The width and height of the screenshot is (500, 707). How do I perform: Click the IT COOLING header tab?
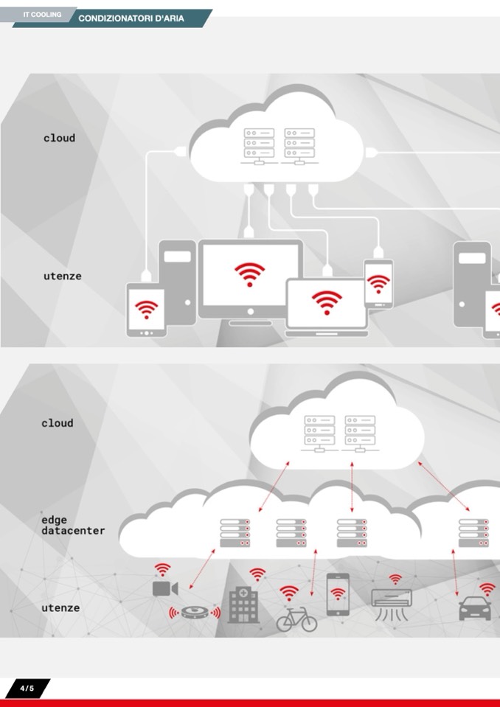click(x=41, y=15)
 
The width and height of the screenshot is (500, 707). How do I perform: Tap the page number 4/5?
click(x=27, y=689)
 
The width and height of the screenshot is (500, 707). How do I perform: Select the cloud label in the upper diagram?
click(x=59, y=138)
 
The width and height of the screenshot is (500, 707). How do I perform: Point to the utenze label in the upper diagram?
click(x=62, y=276)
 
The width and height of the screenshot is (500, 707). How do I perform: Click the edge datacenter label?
click(x=72, y=526)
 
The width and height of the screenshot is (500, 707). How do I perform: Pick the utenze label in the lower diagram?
click(x=60, y=608)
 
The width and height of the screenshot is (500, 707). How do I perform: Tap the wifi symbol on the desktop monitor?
click(x=250, y=274)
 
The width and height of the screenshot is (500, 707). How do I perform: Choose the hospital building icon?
click(x=243, y=605)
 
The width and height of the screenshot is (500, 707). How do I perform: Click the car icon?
click(x=474, y=610)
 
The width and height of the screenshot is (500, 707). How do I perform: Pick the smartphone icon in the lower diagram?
click(x=338, y=594)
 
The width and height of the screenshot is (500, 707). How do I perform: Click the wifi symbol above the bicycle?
click(x=289, y=592)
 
